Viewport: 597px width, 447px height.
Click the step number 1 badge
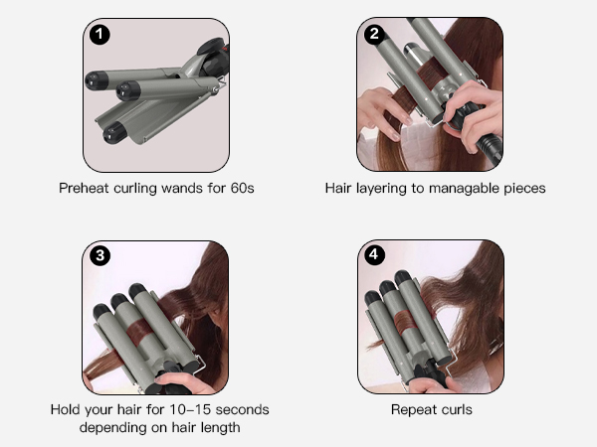click(99, 35)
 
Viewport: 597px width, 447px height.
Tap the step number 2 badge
click(374, 34)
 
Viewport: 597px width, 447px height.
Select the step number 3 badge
click(100, 255)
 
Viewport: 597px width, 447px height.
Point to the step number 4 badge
click(374, 254)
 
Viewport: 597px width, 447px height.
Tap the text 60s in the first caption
click(242, 188)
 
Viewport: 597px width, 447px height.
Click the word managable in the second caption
click(464, 189)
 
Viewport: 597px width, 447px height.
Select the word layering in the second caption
click(381, 189)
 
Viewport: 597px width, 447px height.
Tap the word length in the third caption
click(221, 428)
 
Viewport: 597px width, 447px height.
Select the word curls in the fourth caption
click(457, 409)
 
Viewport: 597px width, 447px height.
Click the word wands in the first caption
click(182, 188)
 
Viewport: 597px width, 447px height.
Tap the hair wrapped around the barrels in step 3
click(139, 331)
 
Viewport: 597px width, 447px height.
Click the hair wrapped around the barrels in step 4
click(406, 322)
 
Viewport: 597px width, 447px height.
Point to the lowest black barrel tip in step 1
click(113, 133)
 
